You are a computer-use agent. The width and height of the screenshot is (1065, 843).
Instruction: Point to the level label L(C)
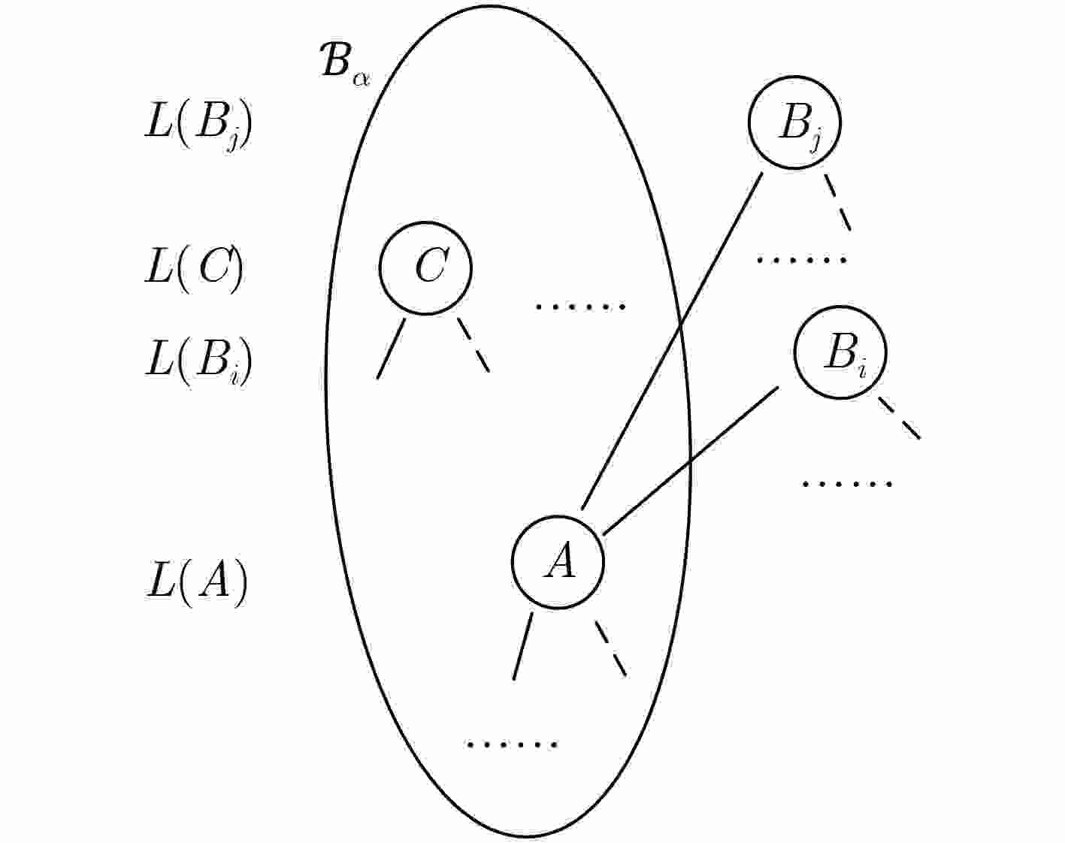coord(194,269)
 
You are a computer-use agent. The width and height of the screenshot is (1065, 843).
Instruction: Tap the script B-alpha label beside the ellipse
coord(345,63)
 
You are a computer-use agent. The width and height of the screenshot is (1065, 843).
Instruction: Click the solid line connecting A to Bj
coord(672,341)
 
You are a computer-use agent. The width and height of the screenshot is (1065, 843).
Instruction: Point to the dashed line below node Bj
coord(837,202)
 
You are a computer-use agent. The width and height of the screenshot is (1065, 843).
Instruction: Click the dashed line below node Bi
coord(899,418)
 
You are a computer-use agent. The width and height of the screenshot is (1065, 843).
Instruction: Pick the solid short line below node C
coord(391,349)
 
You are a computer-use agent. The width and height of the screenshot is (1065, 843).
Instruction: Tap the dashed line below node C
coord(474,345)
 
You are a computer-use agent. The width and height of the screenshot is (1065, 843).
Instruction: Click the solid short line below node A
coord(522,646)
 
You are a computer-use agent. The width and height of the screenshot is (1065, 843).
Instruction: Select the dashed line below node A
coord(611,648)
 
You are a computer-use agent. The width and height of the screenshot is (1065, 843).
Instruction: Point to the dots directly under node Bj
coord(802,260)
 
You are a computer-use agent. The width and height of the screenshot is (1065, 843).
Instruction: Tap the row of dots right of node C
coord(580,307)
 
